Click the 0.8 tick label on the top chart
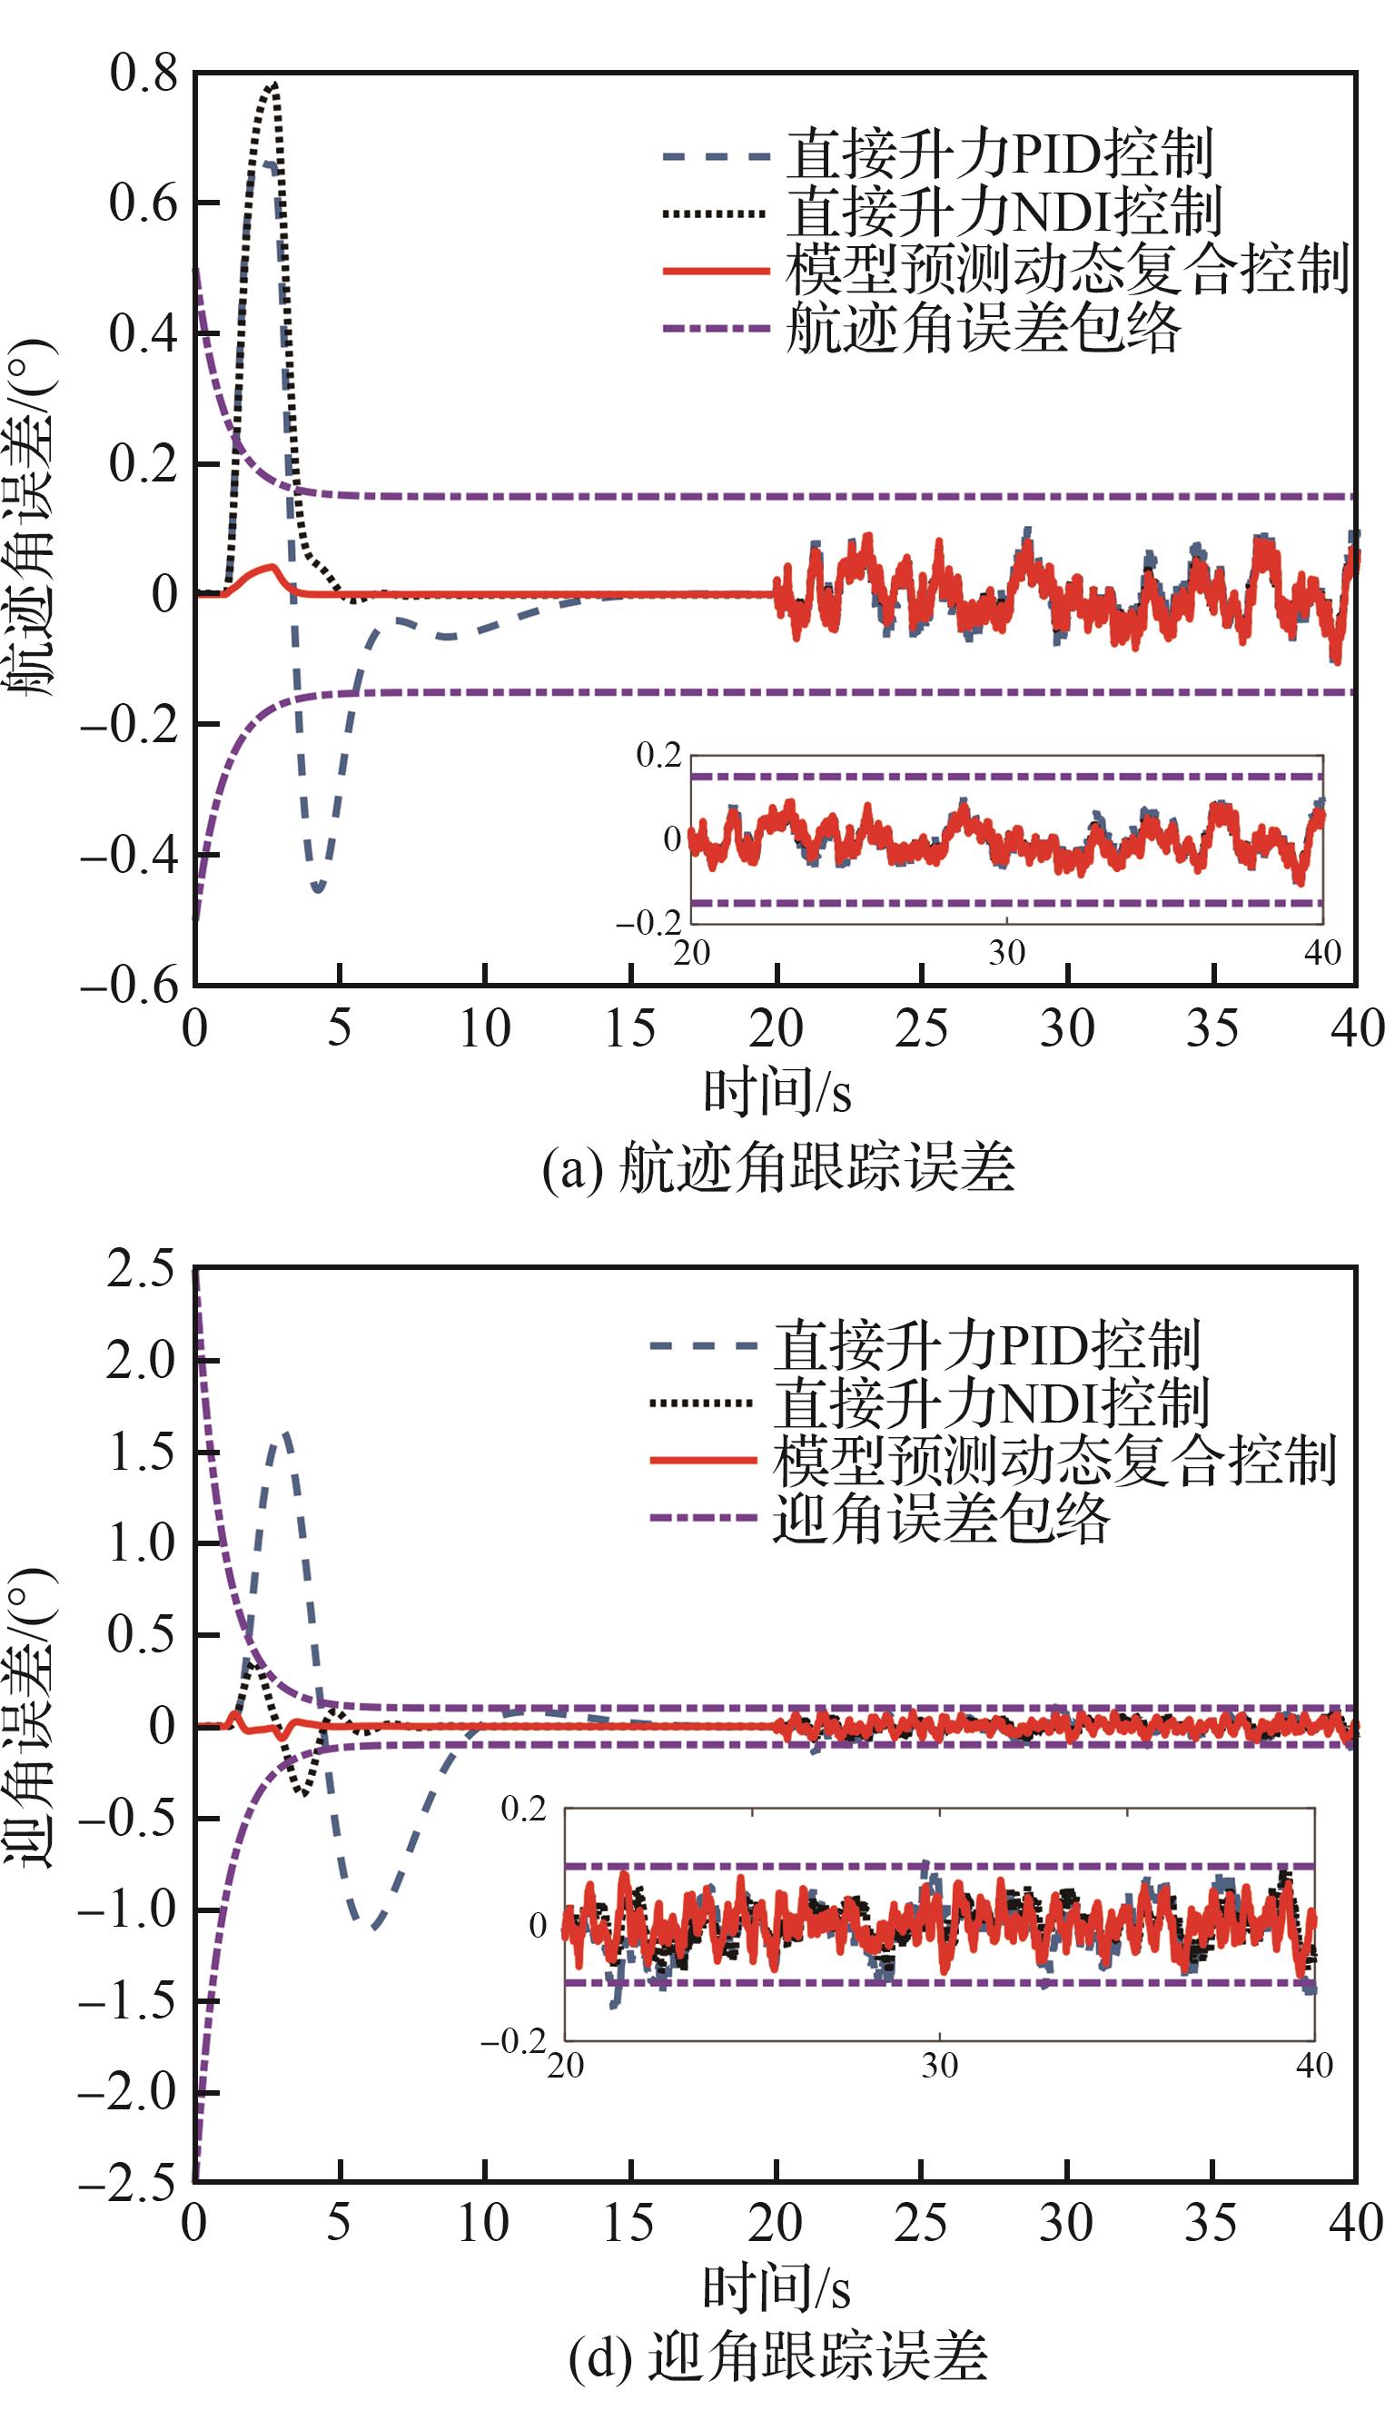coord(143,74)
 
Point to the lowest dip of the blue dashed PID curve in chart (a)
coord(318,888)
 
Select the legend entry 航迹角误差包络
coord(982,329)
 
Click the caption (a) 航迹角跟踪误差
coord(777,1168)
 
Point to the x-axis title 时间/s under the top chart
coord(777,1092)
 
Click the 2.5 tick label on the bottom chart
coord(141,1270)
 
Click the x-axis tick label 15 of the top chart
coord(629,1029)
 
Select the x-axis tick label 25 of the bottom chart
coord(921,2223)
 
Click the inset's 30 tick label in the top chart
coord(1006,952)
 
